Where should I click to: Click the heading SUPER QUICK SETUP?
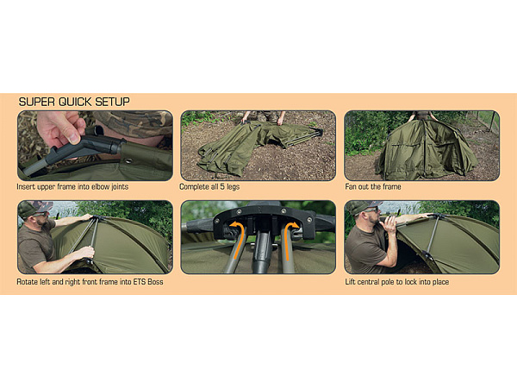74,102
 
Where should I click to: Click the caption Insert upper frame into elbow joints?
72,187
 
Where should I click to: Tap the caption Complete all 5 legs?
209,187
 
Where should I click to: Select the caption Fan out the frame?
373,187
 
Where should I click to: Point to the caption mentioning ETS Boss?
90,282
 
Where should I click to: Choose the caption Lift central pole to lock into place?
397,282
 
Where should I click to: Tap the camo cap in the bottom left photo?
34,207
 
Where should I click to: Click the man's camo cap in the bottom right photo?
365,206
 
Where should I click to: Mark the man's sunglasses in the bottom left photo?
40,215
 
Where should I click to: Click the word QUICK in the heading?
75,102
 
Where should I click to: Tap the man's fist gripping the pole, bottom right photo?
390,225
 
